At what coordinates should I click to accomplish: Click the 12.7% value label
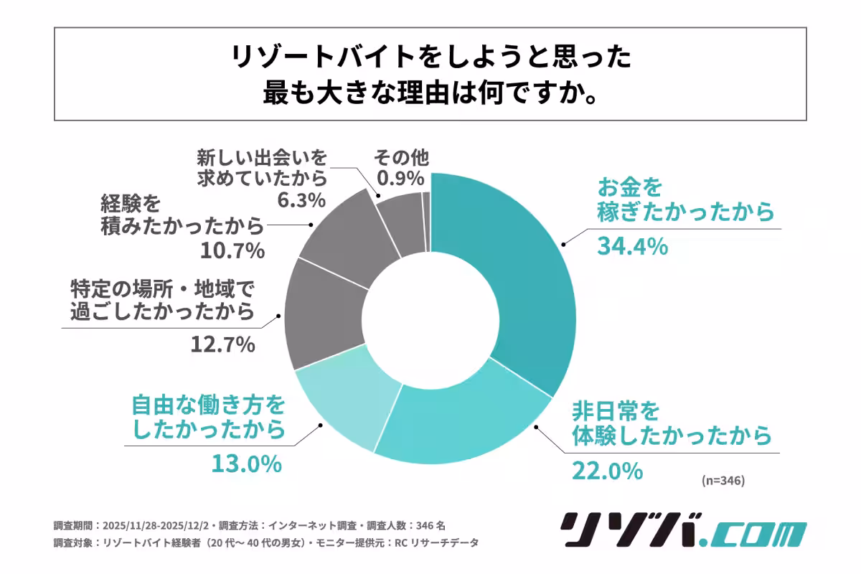(x=222, y=345)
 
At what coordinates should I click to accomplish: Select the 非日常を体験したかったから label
(x=671, y=423)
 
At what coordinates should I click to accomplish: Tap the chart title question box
(x=430, y=74)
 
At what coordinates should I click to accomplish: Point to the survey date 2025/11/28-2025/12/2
(x=158, y=525)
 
